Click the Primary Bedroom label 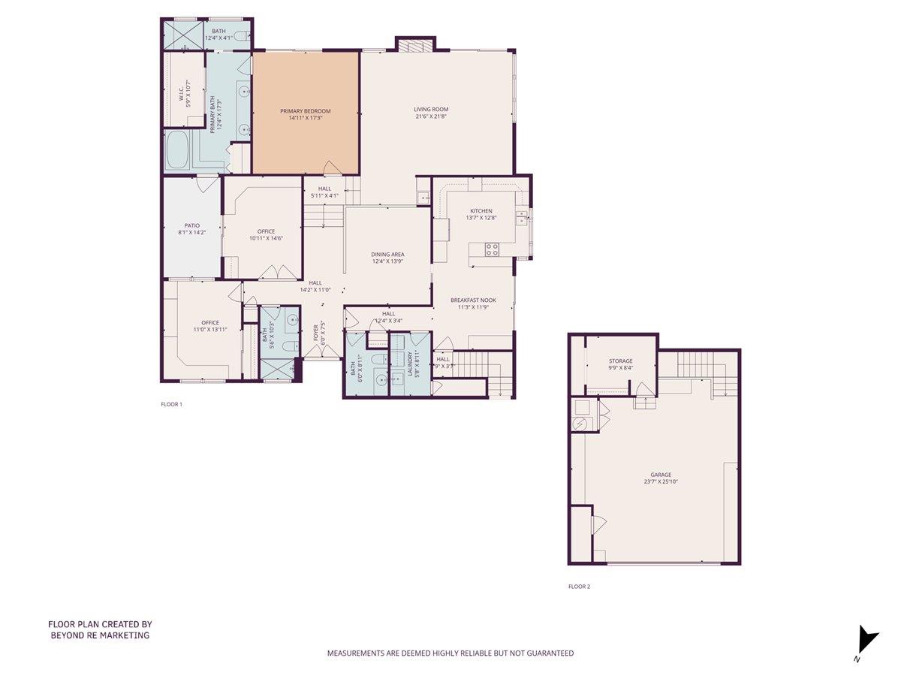[306, 111]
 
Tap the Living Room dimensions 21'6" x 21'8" [430, 117]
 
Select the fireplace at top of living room [415, 45]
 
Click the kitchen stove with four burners [492, 250]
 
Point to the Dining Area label [387, 255]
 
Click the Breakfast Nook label [473, 300]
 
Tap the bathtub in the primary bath [178, 150]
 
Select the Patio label [191, 225]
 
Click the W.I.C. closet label [182, 94]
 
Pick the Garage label [661, 475]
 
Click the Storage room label [620, 361]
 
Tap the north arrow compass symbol [866, 640]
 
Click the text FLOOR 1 [171, 404]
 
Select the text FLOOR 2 [579, 587]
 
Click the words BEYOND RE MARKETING [100, 635]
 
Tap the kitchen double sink [521, 218]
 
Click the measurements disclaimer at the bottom [450, 653]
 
